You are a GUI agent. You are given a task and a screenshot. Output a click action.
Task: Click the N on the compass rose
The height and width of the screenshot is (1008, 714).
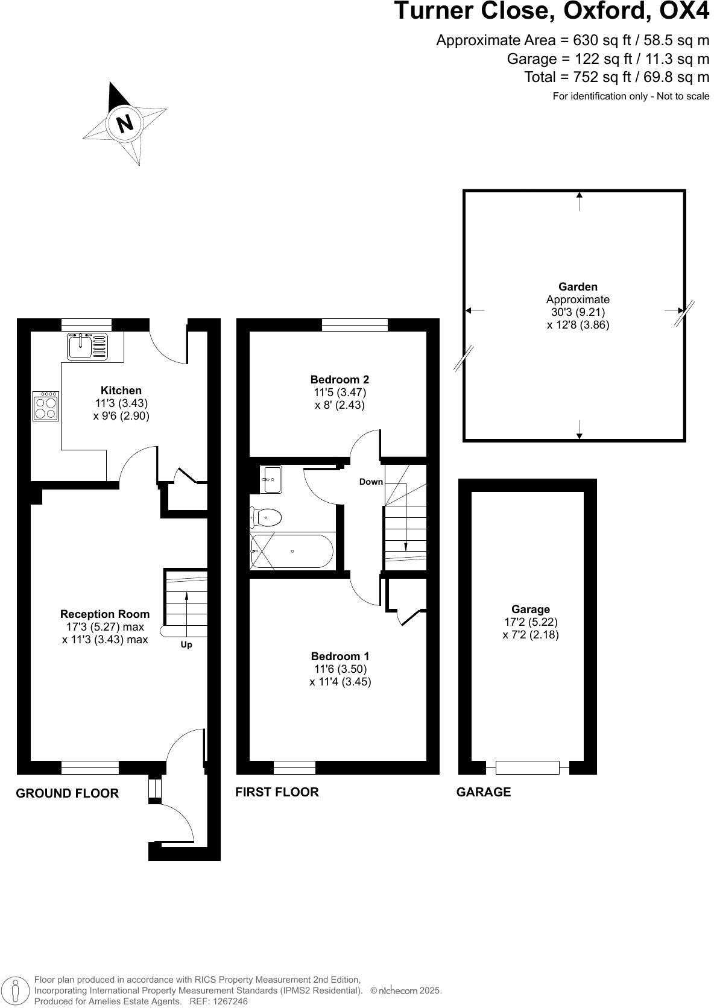pyautogui.click(x=124, y=124)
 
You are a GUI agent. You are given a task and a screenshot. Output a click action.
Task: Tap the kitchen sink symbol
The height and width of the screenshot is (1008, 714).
pyautogui.click(x=87, y=347)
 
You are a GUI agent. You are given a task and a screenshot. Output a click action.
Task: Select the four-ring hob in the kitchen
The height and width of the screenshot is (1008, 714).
pyautogui.click(x=46, y=406)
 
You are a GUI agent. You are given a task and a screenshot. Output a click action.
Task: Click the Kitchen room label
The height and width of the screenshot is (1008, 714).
pyautogui.click(x=121, y=391)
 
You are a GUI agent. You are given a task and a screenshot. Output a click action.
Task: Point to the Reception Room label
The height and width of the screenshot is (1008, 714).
pyautogui.click(x=105, y=614)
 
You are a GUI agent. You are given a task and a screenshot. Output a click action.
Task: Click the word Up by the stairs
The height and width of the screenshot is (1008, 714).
pyautogui.click(x=186, y=645)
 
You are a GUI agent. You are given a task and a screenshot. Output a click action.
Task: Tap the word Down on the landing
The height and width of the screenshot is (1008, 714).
pyautogui.click(x=371, y=482)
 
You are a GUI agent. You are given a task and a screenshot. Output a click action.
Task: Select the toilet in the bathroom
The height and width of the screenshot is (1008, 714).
pyautogui.click(x=267, y=517)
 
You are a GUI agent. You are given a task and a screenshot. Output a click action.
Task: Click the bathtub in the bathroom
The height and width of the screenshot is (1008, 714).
pyautogui.click(x=292, y=551)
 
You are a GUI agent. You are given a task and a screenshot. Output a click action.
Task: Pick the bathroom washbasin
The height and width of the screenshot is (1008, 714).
pyautogui.click(x=273, y=479)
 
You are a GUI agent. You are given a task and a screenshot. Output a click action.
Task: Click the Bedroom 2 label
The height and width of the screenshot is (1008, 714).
pyautogui.click(x=340, y=380)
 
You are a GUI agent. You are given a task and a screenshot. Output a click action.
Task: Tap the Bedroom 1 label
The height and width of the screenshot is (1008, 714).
pyautogui.click(x=340, y=657)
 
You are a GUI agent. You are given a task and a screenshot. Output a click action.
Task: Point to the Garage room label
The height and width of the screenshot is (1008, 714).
pyautogui.click(x=531, y=610)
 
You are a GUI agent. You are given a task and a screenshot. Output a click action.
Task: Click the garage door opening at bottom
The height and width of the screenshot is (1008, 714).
pyautogui.click(x=528, y=767)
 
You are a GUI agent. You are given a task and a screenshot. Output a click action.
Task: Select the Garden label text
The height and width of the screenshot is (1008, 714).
pyautogui.click(x=578, y=287)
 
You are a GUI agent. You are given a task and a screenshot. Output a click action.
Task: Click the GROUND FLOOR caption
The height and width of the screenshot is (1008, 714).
pyautogui.click(x=67, y=793)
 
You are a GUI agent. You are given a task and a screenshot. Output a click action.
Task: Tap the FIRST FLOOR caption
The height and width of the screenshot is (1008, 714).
pyautogui.click(x=277, y=792)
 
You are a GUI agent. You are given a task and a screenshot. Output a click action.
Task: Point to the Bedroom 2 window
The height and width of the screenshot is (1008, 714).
pyautogui.click(x=355, y=325)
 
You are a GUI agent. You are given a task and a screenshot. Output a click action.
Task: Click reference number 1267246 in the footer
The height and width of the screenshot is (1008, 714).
pyautogui.click(x=229, y=1001)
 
